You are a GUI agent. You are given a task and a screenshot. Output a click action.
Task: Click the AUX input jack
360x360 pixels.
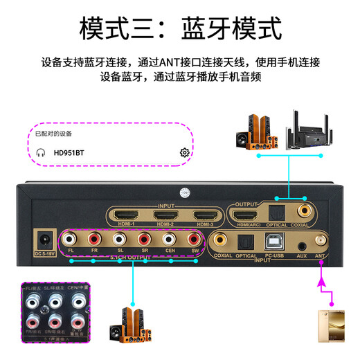point(300,244)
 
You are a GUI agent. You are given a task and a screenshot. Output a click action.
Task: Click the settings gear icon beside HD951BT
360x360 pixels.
point(184,152)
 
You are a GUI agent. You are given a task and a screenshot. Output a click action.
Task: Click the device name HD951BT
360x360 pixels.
point(70,152)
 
